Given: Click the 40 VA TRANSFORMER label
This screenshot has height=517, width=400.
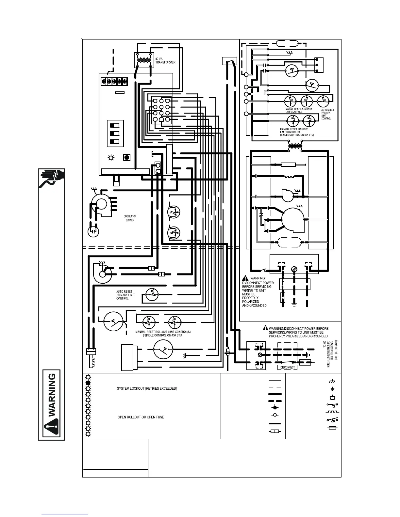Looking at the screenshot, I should pos(165,60).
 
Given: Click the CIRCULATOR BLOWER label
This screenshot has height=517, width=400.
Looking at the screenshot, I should pos(130,218).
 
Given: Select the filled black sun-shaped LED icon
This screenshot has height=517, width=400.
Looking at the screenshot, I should pos(88,383).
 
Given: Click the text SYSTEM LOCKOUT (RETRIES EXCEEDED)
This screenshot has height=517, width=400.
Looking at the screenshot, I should pos(147,388).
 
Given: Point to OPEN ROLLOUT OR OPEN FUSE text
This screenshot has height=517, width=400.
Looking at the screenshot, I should pos(141,417).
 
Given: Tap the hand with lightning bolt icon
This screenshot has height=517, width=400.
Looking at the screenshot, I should pos(52,179).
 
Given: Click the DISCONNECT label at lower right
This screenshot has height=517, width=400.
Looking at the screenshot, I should pos(288,367).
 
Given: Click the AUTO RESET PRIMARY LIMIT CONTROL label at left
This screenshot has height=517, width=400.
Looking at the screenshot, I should pos(125,295).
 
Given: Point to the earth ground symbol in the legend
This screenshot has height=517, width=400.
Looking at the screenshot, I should pos(332,389).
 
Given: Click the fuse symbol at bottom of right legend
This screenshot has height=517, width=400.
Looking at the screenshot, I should pos(332,428).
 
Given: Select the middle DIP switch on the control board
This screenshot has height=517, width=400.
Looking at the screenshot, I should pos(115,133).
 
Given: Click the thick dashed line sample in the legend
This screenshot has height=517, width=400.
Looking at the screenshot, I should pos(275,400).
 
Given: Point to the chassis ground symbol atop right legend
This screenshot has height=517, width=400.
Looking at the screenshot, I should pos(332,381).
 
